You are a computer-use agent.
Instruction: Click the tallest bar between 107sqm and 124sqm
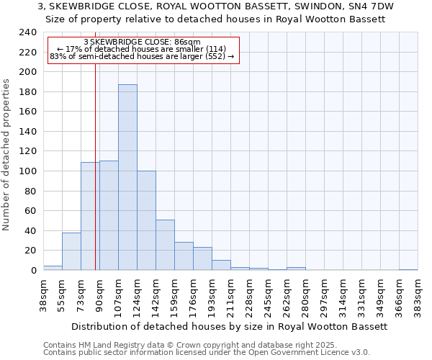coord(127,177)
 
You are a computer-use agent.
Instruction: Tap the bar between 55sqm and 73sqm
coord(71,251)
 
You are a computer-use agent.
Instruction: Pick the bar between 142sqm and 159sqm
coord(165,245)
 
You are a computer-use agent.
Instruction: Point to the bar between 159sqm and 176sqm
coord(184,256)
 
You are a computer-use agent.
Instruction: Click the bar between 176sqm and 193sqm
coord(202,258)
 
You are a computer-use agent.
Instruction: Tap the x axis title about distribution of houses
coord(230,326)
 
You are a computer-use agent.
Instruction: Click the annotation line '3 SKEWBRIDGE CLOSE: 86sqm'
coord(142,42)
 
